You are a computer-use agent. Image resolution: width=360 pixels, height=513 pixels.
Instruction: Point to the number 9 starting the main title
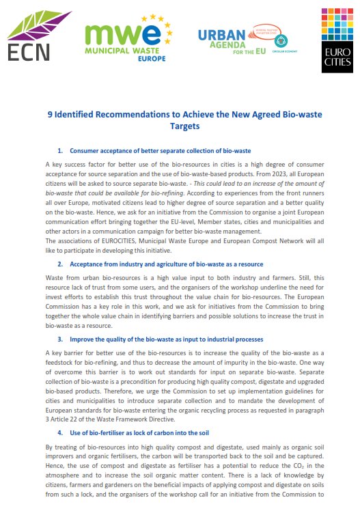pyautogui.click(x=50, y=115)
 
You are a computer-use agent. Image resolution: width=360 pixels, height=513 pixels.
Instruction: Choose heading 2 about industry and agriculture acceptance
pyautogui.click(x=161, y=264)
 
